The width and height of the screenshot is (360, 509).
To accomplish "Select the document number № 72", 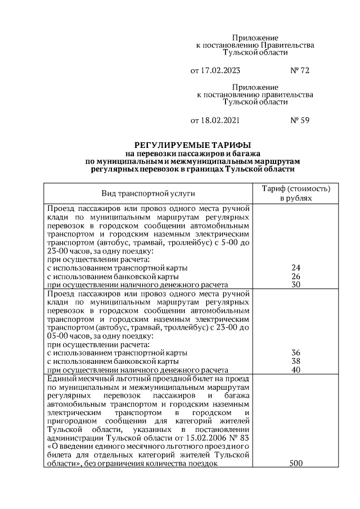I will pos(299,71).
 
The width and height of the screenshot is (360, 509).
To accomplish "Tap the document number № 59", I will pos(299,120).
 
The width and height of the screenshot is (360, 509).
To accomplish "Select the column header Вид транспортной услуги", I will pos(148,193).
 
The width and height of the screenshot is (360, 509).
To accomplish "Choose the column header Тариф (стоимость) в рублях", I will pos(296,193).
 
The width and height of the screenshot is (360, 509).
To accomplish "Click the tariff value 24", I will pos(296,268).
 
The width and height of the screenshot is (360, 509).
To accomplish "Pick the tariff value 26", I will pos(296,276).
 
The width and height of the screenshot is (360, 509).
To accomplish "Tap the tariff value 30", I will pos(296,285).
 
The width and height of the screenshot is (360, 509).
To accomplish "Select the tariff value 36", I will pos(296,353).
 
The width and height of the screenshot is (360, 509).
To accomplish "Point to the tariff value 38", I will pos(296,361).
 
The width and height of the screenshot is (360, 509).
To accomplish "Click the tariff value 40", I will pos(296,370).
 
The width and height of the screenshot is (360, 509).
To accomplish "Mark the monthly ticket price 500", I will pos(296,463).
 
